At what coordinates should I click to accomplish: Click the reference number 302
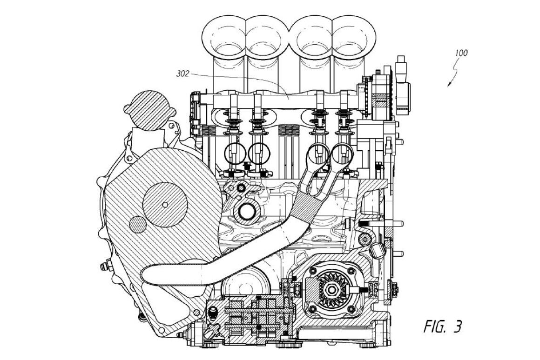(183, 73)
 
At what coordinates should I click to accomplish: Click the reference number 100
(461, 53)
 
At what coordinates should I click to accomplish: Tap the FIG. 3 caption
(442, 327)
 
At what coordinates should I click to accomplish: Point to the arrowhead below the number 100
(449, 84)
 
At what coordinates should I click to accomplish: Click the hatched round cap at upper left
(149, 110)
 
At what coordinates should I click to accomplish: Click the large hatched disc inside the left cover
(165, 205)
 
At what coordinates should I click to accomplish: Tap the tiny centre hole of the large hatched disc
(165, 205)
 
